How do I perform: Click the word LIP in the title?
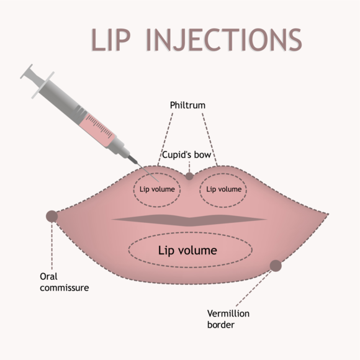111,40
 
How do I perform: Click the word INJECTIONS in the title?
224,40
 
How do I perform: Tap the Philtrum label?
187,106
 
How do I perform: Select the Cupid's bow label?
186,155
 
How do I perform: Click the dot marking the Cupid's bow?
189,176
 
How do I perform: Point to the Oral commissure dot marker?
52,216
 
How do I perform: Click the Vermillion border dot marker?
276,266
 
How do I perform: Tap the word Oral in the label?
48,276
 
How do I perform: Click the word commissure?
65,288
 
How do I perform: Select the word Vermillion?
228,313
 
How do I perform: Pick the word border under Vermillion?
221,325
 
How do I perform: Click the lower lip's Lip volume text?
187,250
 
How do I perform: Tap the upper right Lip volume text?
224,189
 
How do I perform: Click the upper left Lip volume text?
157,189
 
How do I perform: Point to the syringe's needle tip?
159,182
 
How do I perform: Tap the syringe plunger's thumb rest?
26,71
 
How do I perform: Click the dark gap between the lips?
189,220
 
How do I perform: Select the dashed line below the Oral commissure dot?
52,246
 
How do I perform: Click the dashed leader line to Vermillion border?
253,289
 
